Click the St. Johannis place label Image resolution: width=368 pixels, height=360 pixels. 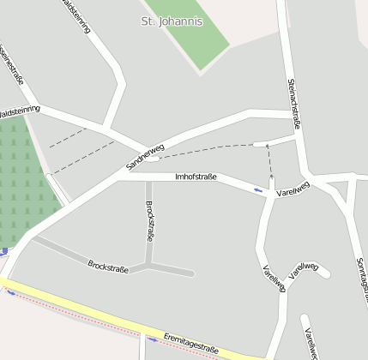pos(172,21)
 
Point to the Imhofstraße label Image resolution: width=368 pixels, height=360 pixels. pos(196,177)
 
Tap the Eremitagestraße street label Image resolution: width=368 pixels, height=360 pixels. pos(190,344)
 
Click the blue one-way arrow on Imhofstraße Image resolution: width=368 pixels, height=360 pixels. pos(259,189)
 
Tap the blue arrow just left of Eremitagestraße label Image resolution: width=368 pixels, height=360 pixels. pos(153,339)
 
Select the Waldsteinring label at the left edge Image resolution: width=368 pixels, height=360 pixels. pos(19,111)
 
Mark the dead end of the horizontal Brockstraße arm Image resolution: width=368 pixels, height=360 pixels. pos(191,274)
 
